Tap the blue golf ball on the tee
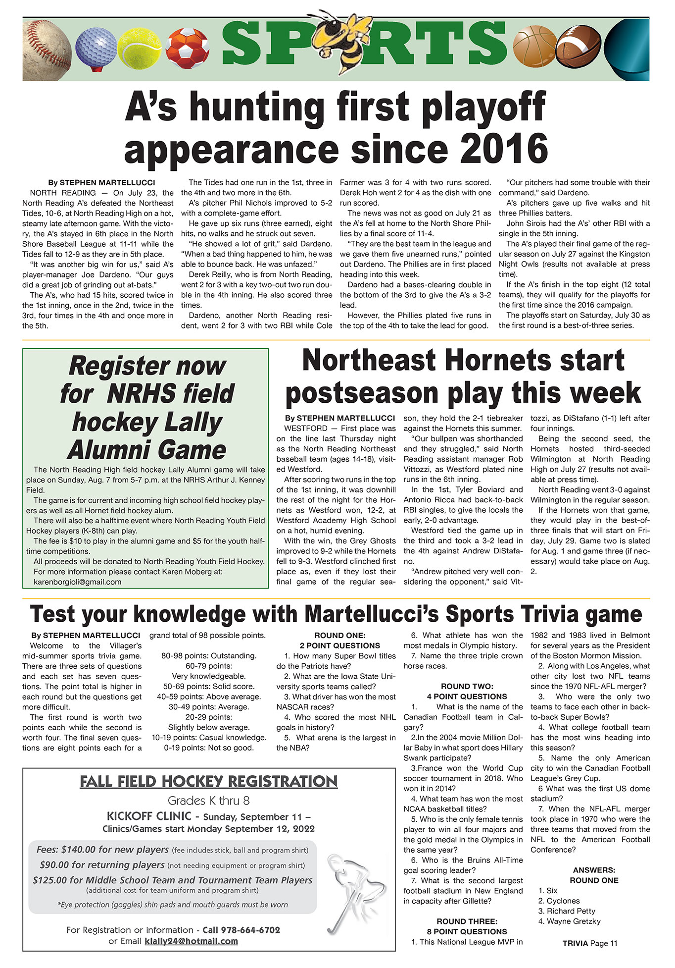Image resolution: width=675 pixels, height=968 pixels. (x=95, y=46)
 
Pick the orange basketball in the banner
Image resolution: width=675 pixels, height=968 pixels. (x=536, y=49)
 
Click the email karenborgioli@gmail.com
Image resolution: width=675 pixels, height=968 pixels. (x=77, y=582)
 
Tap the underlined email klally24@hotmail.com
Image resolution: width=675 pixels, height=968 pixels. (x=191, y=941)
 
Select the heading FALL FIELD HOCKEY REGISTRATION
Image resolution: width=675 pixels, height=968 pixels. (x=208, y=782)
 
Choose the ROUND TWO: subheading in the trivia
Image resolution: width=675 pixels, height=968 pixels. (x=467, y=687)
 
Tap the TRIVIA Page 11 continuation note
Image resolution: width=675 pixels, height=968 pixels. (x=589, y=944)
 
